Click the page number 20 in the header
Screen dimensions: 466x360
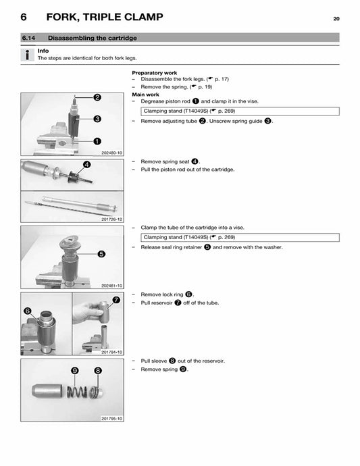[336, 18]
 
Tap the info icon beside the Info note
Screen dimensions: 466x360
[26, 55]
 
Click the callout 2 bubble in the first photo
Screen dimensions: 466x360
[98, 97]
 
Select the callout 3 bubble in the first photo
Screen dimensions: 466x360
[98, 119]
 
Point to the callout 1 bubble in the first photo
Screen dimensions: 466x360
[97, 142]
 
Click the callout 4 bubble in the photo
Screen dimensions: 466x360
[87, 165]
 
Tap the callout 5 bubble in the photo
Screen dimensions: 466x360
[101, 255]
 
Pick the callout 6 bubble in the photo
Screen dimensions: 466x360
[28, 311]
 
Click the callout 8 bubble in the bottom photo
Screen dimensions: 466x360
[98, 371]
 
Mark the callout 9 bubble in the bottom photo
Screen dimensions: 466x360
[75, 371]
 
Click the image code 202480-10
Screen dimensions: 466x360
[111, 153]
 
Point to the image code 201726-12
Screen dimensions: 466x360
[111, 219]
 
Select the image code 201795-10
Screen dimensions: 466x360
[111, 419]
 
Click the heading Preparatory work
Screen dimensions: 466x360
[155, 72]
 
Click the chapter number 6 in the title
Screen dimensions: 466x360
[23, 18]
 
